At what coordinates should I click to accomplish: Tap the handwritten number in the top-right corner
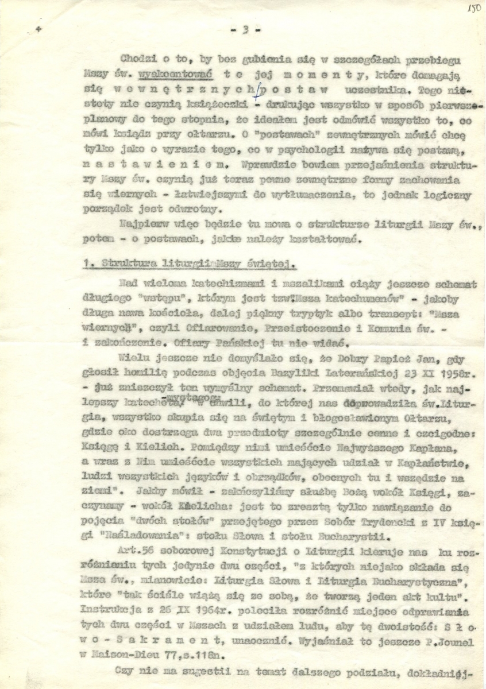coord(474,9)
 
